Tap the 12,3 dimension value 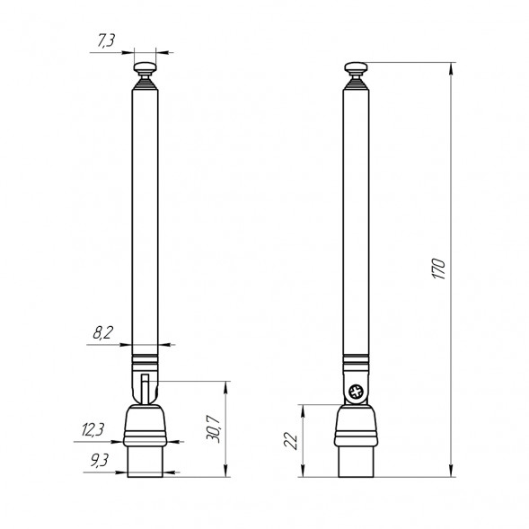93,430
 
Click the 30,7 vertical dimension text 214,428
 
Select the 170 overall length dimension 439,269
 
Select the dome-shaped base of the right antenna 357,423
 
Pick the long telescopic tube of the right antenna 357,216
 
